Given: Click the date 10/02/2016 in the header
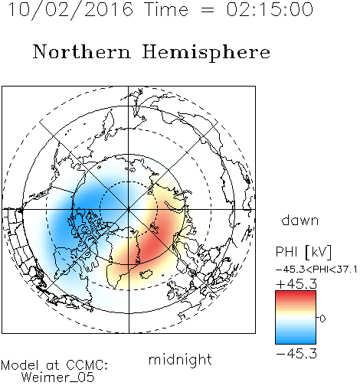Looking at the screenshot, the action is [x=70, y=10].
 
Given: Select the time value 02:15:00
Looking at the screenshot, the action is [x=270, y=9].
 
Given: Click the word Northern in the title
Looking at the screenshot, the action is [x=82, y=51].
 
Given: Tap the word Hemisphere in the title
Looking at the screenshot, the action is [x=206, y=53].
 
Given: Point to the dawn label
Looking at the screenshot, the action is [x=300, y=220].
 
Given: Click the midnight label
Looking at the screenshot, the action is [x=180, y=359].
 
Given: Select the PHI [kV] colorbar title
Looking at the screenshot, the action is [x=303, y=252].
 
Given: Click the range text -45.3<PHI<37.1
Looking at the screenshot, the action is [x=316, y=270].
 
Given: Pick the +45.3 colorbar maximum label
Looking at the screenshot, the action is [x=296, y=284].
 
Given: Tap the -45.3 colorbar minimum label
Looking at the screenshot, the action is [x=296, y=354].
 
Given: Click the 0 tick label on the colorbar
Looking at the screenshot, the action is [x=322, y=319].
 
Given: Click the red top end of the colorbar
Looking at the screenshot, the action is [x=296, y=293].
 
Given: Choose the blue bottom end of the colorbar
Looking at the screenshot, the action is [x=296, y=342].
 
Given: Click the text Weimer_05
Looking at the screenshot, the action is [x=58, y=378].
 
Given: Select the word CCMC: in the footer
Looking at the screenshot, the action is [x=87, y=365].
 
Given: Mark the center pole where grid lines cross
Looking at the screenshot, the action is [x=129, y=209].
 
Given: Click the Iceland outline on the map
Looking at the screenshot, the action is [x=146, y=274].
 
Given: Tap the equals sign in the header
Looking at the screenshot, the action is [x=207, y=11].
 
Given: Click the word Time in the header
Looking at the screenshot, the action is [x=166, y=9].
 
